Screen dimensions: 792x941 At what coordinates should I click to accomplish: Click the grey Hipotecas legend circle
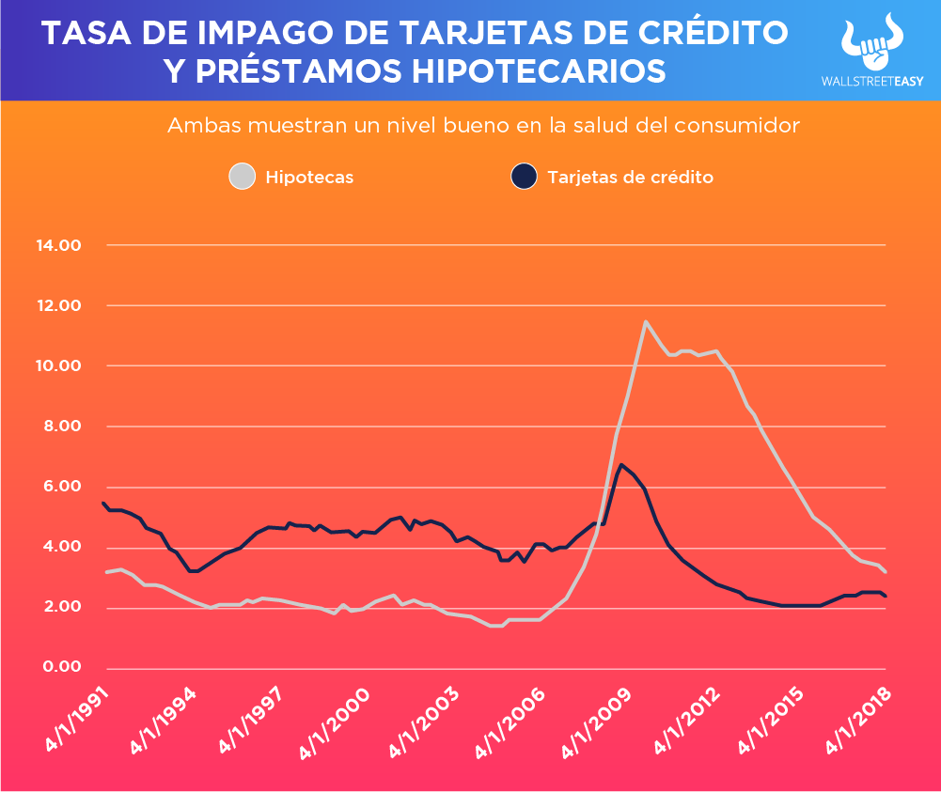[243, 177]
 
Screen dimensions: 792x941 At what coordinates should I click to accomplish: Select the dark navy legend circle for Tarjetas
[524, 177]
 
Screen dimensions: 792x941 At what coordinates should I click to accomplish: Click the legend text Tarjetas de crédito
[630, 177]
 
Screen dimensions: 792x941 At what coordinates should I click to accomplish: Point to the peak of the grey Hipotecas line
[645, 321]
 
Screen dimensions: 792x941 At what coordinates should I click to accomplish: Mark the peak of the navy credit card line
[620, 464]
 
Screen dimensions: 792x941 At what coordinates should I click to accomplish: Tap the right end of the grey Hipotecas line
[886, 571]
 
